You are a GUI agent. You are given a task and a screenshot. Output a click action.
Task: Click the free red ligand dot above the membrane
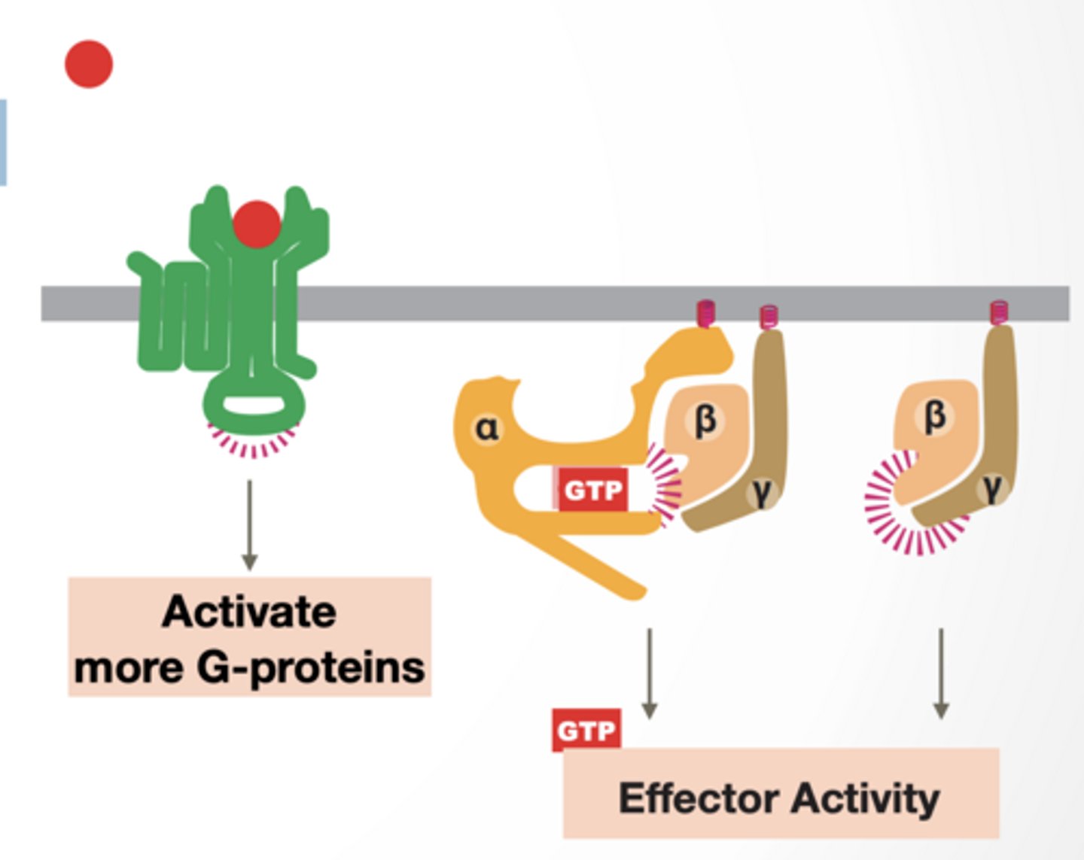[89, 64]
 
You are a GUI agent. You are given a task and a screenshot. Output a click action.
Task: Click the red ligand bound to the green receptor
[257, 224]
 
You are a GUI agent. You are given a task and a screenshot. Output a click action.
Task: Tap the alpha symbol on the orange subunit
[487, 429]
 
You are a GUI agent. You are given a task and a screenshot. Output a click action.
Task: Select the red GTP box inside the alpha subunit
[593, 491]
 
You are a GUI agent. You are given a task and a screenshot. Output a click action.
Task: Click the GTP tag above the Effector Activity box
[586, 730]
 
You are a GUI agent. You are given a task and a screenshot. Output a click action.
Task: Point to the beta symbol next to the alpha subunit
[705, 420]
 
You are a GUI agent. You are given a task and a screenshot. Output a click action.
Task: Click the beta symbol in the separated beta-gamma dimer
[934, 415]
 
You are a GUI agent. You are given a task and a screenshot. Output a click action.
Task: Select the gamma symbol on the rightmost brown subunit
[993, 488]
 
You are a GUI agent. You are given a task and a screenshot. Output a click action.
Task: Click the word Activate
[249, 611]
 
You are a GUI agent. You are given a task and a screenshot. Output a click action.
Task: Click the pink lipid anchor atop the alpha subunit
[705, 312]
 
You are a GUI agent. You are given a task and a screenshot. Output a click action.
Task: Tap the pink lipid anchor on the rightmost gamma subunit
[998, 312]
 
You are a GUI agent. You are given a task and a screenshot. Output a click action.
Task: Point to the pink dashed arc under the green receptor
[253, 445]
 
